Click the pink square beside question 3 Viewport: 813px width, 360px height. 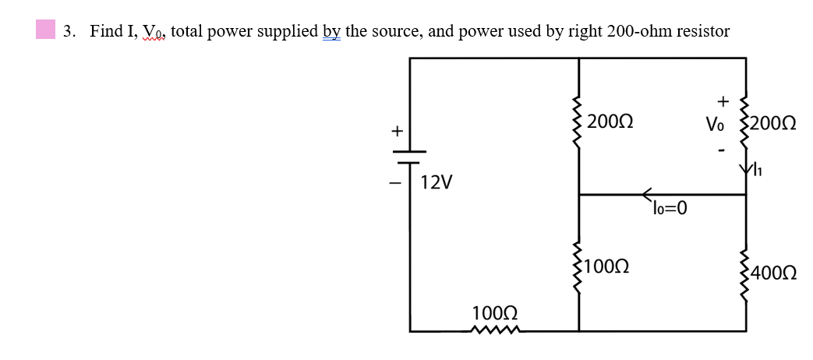45,30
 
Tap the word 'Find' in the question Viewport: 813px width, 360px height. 105,31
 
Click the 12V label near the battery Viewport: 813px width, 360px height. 436,183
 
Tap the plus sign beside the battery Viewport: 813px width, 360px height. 395,132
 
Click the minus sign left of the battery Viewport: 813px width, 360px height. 395,184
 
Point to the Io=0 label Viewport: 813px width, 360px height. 667,208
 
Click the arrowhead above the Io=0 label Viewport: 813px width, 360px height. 648,195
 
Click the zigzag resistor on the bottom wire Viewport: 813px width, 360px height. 494,331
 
